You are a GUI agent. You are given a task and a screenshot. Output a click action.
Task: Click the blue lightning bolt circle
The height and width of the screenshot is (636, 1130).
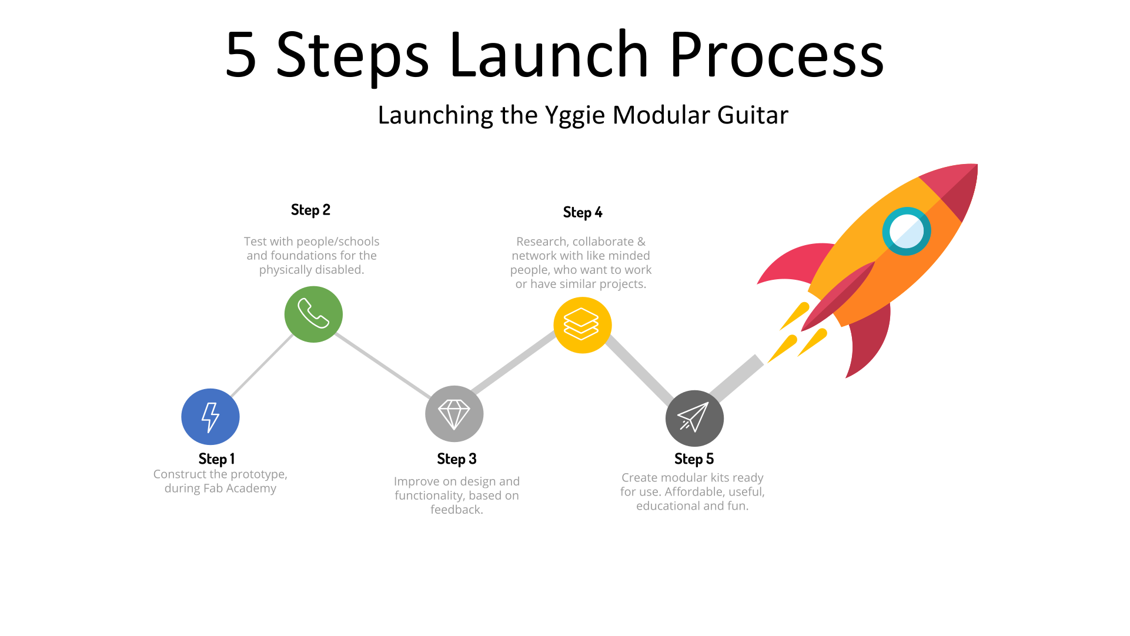click(210, 417)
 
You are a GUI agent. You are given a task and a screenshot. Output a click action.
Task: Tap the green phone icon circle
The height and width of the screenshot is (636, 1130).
click(313, 314)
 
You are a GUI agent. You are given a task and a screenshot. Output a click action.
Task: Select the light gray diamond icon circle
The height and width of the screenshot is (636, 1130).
click(454, 414)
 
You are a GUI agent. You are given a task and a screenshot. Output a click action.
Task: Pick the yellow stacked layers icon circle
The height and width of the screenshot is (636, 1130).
click(582, 325)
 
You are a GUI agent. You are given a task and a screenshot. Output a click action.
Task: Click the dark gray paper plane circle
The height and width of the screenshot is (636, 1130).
click(694, 419)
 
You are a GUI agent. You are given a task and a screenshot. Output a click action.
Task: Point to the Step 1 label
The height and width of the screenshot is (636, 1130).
click(216, 458)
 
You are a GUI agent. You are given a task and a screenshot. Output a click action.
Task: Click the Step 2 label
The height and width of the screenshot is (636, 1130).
click(310, 210)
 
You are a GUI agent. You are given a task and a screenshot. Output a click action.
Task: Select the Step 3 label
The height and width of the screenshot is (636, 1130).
click(456, 458)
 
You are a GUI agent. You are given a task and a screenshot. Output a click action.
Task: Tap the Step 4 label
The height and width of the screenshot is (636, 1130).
click(582, 212)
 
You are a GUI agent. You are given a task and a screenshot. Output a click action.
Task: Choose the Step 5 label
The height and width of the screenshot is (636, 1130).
click(694, 458)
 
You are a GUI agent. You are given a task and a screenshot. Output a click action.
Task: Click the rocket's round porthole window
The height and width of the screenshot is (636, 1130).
click(906, 231)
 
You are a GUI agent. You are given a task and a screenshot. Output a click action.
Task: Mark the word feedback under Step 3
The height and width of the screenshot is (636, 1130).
click(456, 510)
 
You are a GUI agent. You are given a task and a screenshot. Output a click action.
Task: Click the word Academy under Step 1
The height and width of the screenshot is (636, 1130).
click(251, 488)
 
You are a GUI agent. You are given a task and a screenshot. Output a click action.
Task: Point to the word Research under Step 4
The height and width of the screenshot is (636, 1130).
click(541, 242)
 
